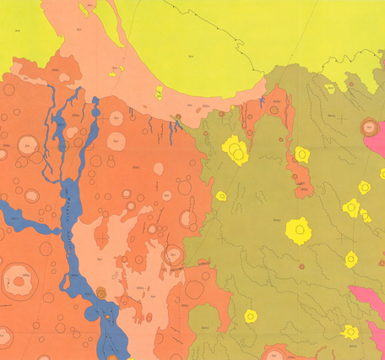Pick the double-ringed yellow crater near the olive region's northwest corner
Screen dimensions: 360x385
coord(236,151)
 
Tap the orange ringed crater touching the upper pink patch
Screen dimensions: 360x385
coord(369,128)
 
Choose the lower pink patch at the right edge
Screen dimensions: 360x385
coord(368,297)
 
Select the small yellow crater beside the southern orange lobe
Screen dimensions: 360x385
coord(250,316)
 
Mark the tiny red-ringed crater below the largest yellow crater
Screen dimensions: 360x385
coord(301,266)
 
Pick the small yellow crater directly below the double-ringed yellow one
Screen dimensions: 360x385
coord(221,195)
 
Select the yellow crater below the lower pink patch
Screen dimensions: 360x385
coord(350,332)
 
